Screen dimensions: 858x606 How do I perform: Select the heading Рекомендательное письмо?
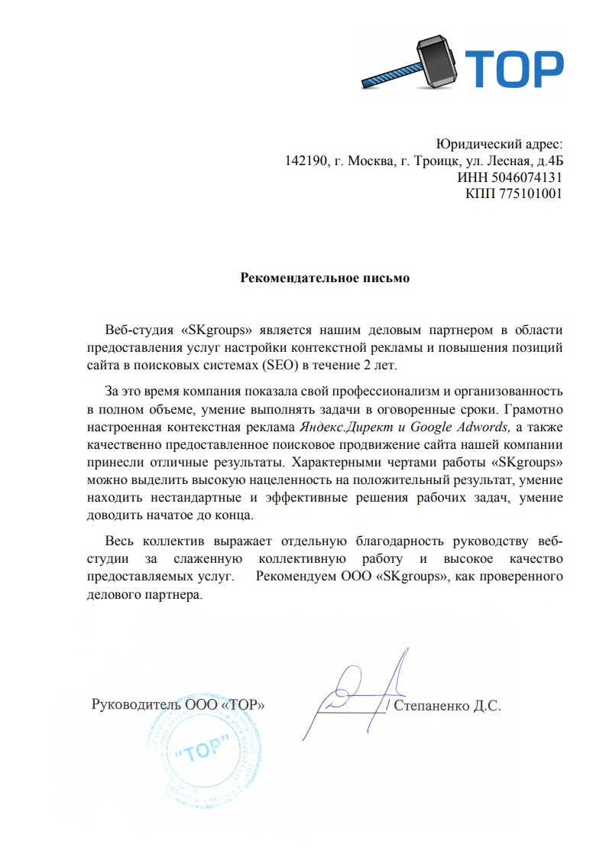[325, 278]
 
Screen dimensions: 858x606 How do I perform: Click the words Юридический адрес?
[498, 144]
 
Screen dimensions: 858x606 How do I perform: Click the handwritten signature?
[359, 688]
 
